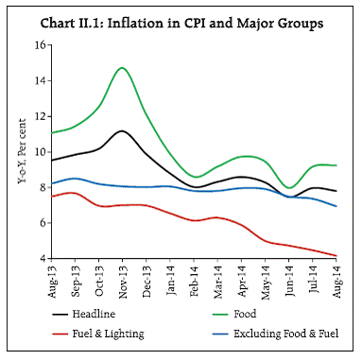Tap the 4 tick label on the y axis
40,258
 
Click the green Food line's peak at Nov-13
123,68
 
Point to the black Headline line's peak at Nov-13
123,130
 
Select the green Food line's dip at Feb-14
195,177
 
